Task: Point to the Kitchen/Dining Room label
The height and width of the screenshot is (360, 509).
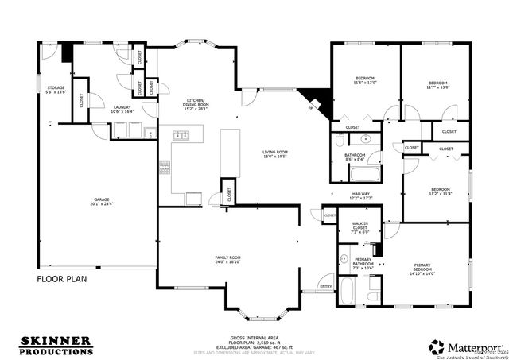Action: (196, 103)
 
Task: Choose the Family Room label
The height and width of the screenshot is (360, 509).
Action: (227, 259)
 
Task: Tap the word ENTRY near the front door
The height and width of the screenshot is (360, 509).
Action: (325, 286)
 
